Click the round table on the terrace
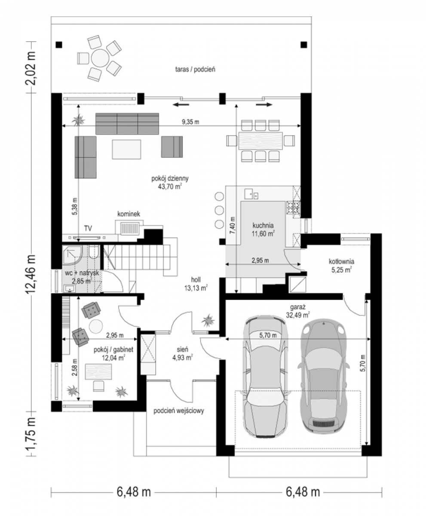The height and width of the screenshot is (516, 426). pos(100,58)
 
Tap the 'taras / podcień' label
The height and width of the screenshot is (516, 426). pos(195,69)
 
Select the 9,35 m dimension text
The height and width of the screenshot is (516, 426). pos(190,122)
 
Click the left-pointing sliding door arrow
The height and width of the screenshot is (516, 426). pos(181,105)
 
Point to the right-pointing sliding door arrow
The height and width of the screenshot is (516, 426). pos(264,105)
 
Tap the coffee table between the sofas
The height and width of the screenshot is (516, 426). pos(126,149)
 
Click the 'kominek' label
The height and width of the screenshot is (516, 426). pos(129,214)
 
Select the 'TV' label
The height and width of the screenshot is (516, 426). pos(88,228)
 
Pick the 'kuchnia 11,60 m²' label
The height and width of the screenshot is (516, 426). pos(263,229)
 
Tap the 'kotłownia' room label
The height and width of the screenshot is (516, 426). pos(341,261)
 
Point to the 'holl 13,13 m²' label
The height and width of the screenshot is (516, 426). pos(196,284)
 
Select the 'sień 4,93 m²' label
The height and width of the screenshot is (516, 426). pos(182,353)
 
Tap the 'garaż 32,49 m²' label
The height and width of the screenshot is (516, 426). pos(298,311)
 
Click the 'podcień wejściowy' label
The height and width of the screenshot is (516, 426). pos(179,411)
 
